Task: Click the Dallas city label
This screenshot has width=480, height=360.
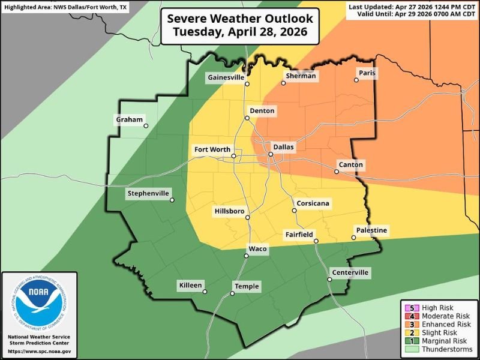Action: tap(283, 146)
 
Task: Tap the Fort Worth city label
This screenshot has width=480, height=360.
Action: tap(212, 149)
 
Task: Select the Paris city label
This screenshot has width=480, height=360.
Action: tap(367, 73)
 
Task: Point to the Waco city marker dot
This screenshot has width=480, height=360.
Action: tap(246, 256)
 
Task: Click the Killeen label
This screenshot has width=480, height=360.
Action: tap(191, 286)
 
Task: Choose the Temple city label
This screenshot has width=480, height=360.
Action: tap(247, 286)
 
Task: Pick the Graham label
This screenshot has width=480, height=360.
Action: tap(129, 120)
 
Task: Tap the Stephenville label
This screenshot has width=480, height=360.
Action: tap(148, 193)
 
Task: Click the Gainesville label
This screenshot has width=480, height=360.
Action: tap(226, 77)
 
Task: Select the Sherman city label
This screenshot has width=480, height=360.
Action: tap(300, 76)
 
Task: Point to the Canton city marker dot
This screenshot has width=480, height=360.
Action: tap(337, 172)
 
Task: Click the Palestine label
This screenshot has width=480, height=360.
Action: tap(372, 230)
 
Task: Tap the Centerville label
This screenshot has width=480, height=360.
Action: tap(349, 273)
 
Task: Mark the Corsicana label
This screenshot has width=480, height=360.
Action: tap(313, 204)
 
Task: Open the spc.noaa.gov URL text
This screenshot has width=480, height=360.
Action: tap(40, 351)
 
